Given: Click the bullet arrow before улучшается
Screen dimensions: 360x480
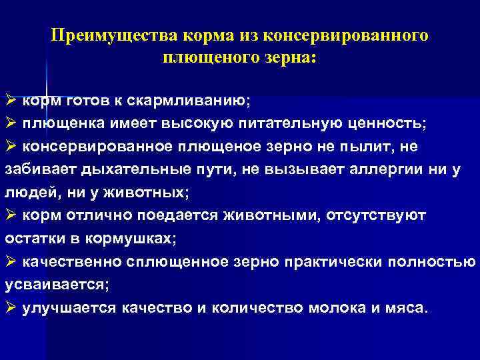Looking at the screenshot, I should coord(11,307).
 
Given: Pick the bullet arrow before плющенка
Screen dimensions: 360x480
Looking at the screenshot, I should coord(11,124).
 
